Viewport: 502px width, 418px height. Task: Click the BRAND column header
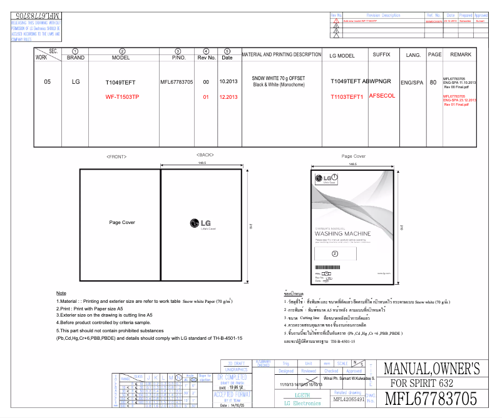click(x=75, y=58)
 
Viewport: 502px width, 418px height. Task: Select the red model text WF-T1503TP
click(x=122, y=97)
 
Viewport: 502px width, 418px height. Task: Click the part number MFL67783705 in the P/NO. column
click(x=177, y=82)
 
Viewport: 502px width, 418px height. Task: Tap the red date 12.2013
click(x=228, y=97)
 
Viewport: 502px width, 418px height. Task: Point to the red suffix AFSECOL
click(x=382, y=96)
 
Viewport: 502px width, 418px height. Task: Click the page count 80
click(x=433, y=82)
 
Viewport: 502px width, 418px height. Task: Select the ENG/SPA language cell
click(x=412, y=82)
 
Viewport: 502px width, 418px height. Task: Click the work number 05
click(x=47, y=81)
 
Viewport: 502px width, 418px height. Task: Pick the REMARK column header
click(x=460, y=55)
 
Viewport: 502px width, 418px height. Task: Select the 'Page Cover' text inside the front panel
click(x=122, y=222)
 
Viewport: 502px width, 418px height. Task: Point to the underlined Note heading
click(x=61, y=293)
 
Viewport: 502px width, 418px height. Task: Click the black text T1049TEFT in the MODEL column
click(x=120, y=82)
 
